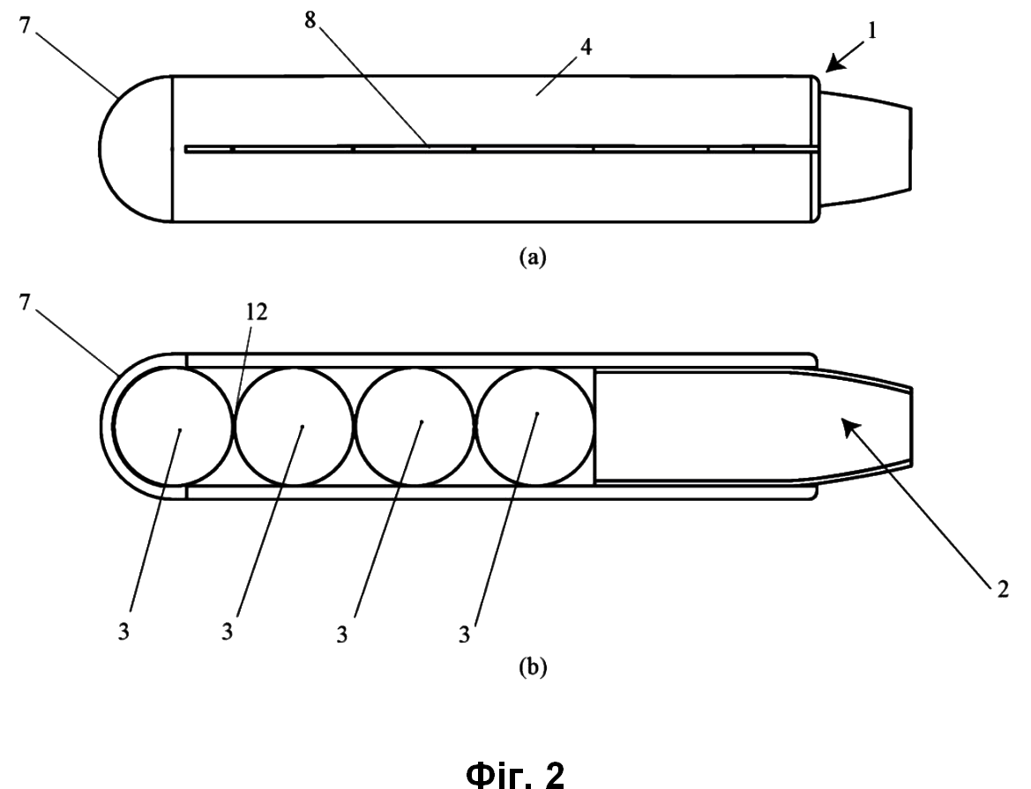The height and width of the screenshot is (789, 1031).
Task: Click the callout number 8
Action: (x=310, y=21)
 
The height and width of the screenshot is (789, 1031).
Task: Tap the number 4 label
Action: (x=586, y=48)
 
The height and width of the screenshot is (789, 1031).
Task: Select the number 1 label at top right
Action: (x=872, y=31)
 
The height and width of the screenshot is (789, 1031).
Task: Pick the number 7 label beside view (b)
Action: (x=25, y=303)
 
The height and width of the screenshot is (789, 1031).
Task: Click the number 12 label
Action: (x=258, y=312)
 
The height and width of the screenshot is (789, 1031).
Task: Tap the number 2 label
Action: (x=1002, y=589)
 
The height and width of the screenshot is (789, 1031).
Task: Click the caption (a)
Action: (x=533, y=257)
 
